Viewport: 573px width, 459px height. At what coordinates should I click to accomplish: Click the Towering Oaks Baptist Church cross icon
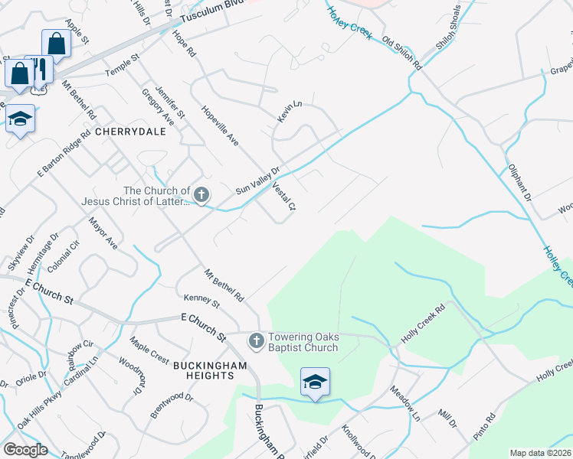point(257,339)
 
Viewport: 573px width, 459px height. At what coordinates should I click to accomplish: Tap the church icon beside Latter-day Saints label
point(201,195)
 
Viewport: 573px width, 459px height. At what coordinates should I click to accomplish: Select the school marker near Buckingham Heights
point(315,382)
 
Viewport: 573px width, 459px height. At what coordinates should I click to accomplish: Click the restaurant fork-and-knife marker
point(40,70)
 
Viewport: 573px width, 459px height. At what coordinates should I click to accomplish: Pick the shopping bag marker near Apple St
point(56,43)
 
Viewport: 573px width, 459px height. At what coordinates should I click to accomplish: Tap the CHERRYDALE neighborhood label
point(126,132)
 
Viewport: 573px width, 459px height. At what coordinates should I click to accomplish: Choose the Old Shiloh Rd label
point(402,54)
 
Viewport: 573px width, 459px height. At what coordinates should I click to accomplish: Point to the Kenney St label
point(201,301)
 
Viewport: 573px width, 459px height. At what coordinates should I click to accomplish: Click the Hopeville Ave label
point(221,126)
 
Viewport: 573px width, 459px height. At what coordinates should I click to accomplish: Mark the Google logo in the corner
point(25,450)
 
